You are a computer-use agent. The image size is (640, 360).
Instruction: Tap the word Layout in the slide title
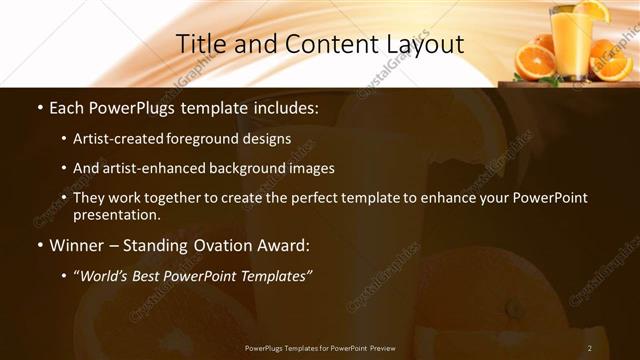pos(424,45)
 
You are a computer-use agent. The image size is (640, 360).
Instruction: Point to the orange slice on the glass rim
pos(591,10)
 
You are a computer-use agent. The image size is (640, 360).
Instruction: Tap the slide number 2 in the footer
pos(590,348)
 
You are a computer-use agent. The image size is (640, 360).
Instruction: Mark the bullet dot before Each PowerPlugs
pos(38,106)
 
